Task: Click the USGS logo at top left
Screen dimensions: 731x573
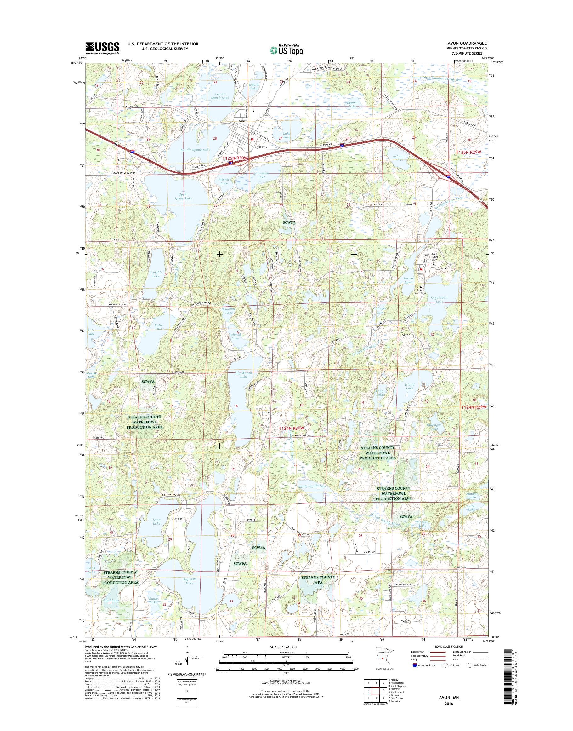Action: click(102, 48)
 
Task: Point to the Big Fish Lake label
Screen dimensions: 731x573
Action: click(189, 581)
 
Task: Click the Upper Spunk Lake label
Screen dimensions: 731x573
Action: click(183, 196)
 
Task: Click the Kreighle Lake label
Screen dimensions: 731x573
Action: click(156, 274)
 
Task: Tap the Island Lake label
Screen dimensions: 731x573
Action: click(410, 386)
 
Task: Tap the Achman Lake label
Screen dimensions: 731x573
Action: click(399, 158)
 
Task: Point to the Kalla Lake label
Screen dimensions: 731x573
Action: click(159, 326)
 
